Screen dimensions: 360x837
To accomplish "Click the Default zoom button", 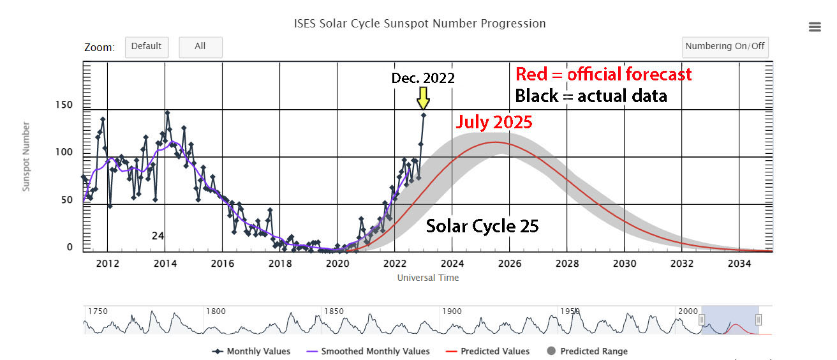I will (147, 47).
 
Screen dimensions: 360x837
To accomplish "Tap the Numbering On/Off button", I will (725, 47).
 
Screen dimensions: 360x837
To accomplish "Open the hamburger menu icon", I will (814, 26).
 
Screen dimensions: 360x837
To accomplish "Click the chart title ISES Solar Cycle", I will (419, 24).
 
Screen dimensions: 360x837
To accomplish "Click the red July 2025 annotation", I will (494, 122).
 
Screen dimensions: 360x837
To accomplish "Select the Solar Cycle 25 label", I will (482, 226).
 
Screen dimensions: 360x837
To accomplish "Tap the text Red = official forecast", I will (603, 74).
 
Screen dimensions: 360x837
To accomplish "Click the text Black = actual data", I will (591, 96).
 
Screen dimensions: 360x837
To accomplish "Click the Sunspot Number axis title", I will (26, 157).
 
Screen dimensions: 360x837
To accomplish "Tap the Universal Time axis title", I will (427, 278).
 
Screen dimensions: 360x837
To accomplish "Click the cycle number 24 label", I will (158, 236).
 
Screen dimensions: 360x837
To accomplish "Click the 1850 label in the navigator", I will (334, 311).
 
